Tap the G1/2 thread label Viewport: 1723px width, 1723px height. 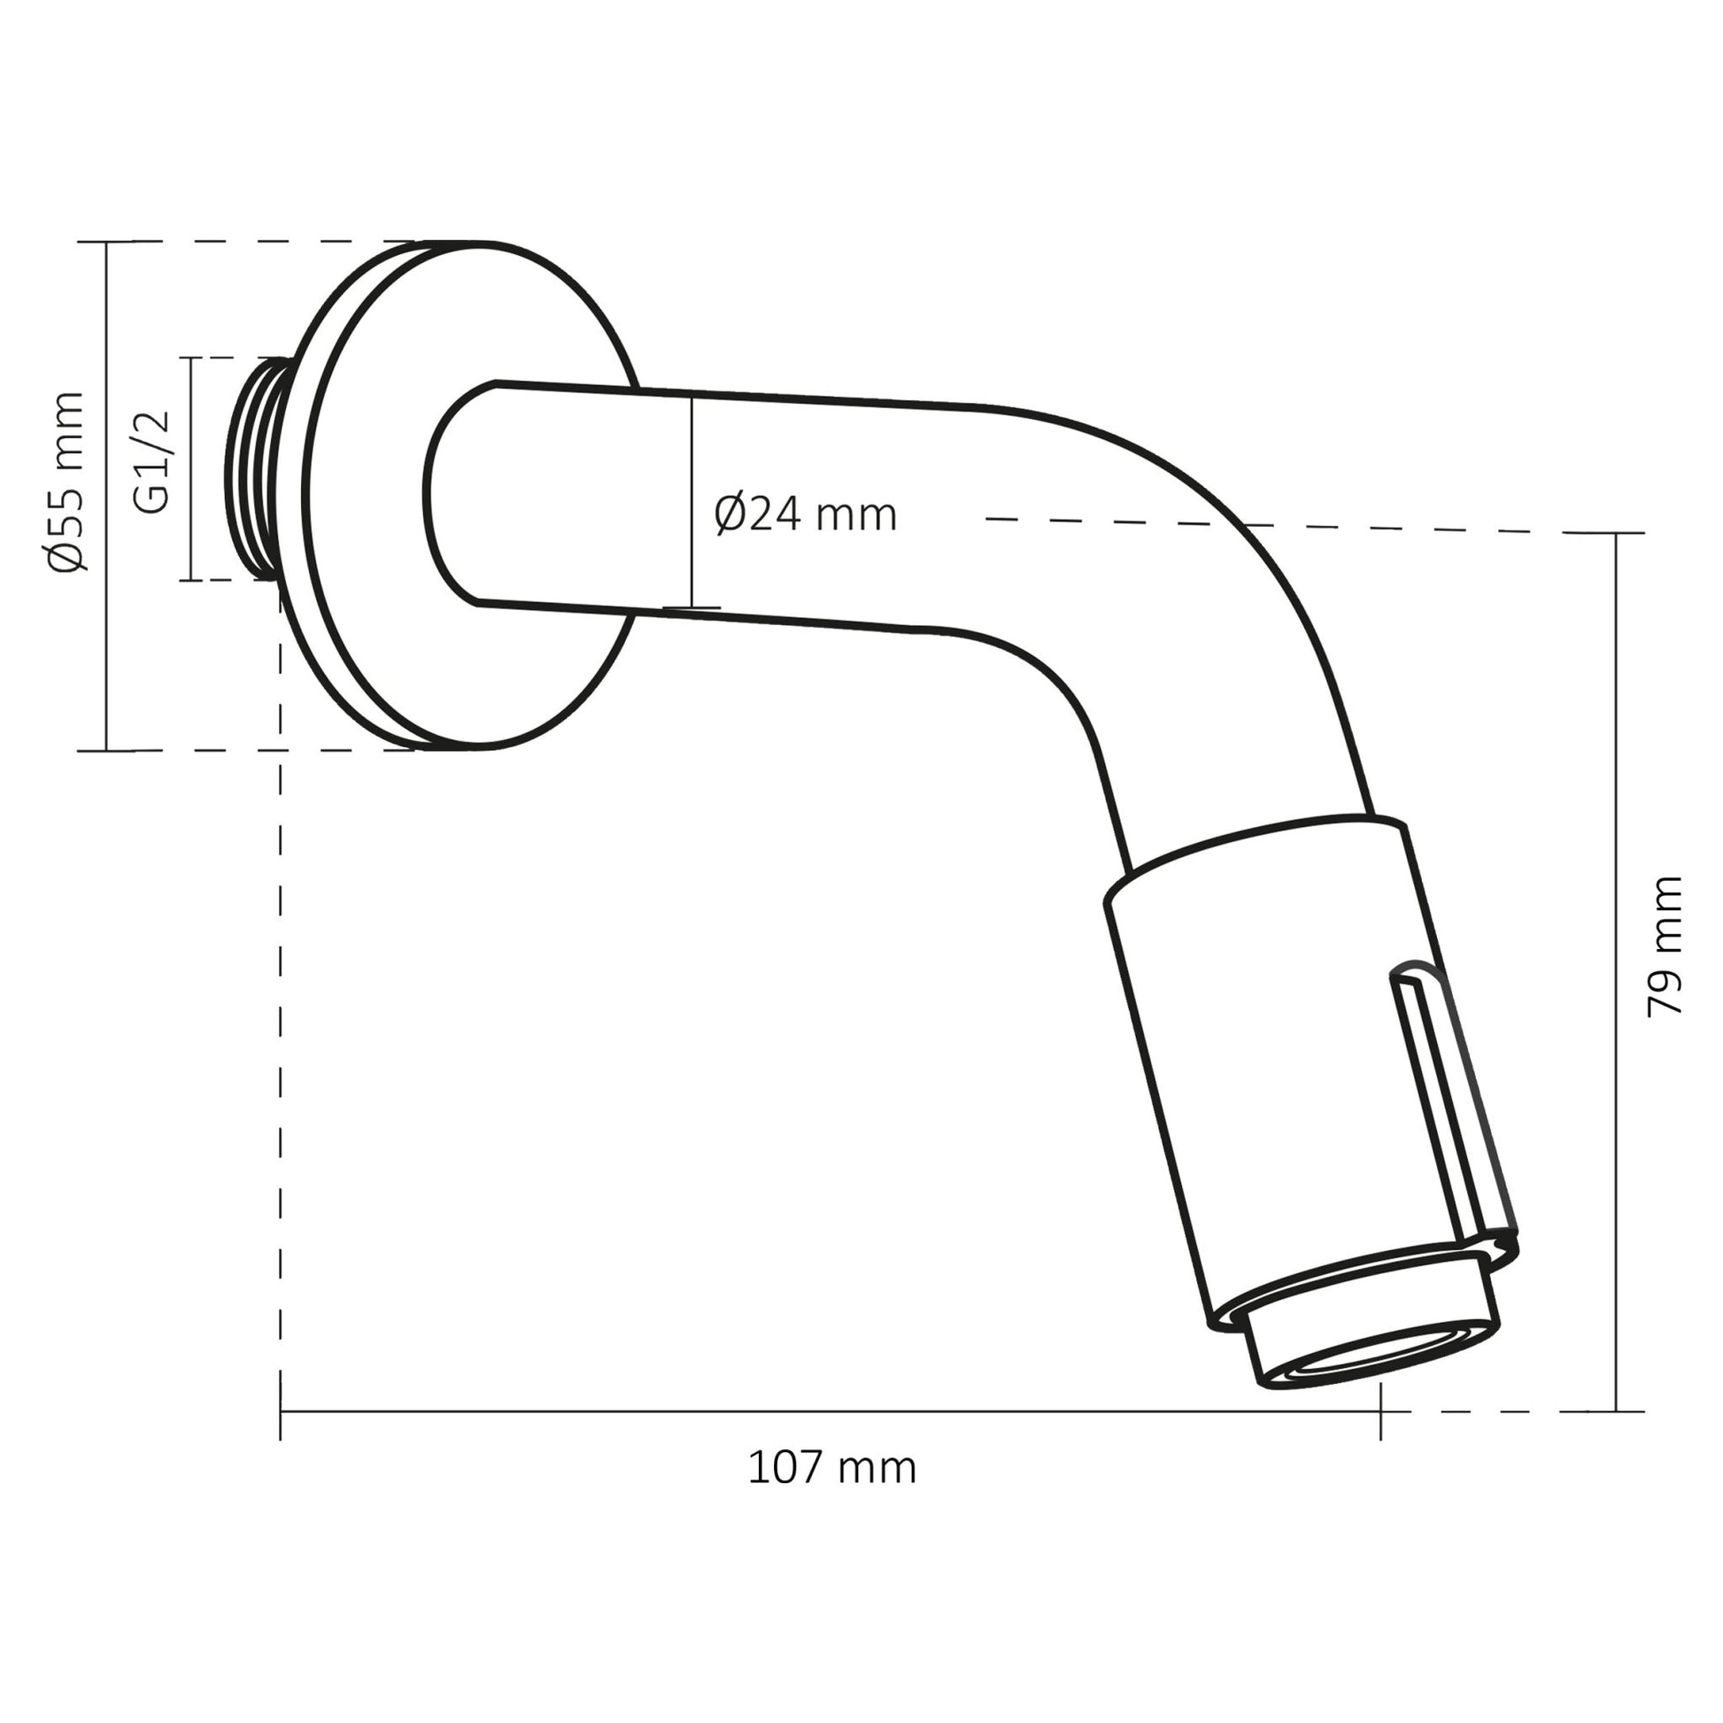(151, 461)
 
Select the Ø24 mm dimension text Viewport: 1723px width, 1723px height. (805, 515)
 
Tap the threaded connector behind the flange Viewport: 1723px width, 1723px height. (259, 468)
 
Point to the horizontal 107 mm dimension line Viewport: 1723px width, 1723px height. (830, 1411)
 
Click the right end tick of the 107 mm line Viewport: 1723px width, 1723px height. (1380, 1411)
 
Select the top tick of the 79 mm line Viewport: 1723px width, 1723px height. (1616, 533)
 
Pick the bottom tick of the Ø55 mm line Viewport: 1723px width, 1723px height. (106, 751)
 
